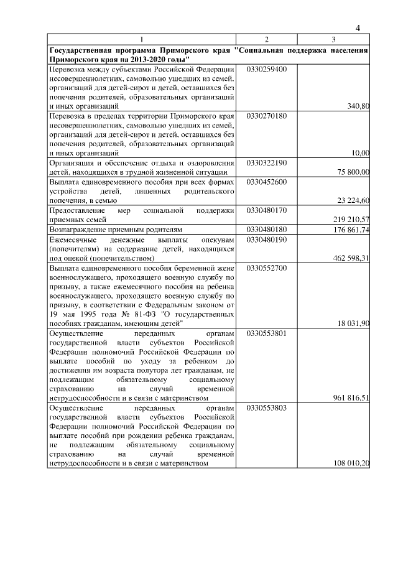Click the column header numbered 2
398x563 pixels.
[x=266, y=39]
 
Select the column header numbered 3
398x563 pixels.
[x=333, y=39]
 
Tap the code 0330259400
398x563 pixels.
[x=267, y=69]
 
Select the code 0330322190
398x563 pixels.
[x=267, y=162]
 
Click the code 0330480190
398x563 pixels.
[x=267, y=239]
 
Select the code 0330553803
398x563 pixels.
[x=267, y=409]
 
